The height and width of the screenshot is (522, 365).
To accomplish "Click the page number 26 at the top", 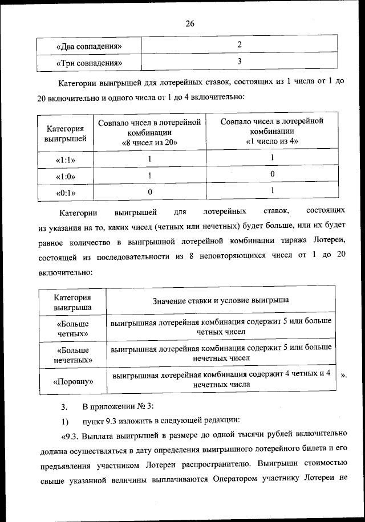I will point(190,23).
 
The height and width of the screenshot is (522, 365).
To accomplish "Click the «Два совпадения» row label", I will point(89,46).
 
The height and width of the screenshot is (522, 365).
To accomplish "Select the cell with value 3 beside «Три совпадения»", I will point(240,61).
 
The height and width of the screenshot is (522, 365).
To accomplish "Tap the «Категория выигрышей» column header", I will point(65,133).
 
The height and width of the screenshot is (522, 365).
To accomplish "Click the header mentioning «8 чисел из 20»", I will point(149,132).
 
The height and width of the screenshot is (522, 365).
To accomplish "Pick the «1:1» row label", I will point(66,160).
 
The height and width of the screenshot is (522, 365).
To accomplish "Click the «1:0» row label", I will point(66,177).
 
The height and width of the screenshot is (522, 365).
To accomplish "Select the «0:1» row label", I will point(66,193).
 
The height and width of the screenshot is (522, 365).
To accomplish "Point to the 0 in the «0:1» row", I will point(149,193).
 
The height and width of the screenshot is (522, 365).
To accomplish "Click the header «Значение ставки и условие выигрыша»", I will point(221,300).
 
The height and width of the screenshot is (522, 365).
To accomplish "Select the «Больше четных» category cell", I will point(72,327).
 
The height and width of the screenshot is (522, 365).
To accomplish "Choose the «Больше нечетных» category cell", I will point(72,354).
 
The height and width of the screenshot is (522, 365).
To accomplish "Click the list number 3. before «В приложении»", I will point(64,407).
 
